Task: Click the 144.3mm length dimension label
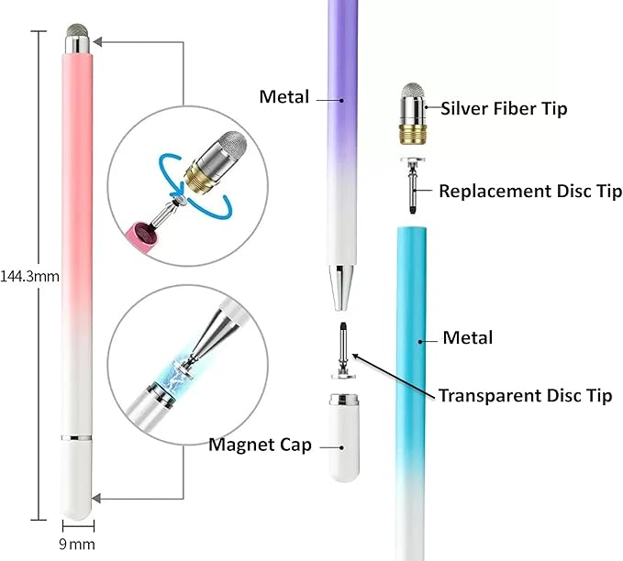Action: click(29, 276)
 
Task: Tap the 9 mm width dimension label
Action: click(77, 544)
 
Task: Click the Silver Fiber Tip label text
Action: click(504, 108)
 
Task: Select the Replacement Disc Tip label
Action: click(530, 192)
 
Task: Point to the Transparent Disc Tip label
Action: click(525, 395)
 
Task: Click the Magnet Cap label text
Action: click(261, 445)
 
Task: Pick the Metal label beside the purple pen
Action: click(284, 97)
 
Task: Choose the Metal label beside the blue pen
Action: click(468, 338)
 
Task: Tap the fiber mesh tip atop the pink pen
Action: click(77, 30)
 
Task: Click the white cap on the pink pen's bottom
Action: click(77, 478)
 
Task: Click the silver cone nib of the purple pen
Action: click(341, 288)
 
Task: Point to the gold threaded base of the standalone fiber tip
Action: click(413, 134)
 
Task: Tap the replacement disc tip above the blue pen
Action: click(413, 185)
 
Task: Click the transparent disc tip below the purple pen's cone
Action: click(343, 350)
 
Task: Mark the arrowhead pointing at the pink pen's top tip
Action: click(97, 41)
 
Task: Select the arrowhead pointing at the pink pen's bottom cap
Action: click(95, 499)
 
